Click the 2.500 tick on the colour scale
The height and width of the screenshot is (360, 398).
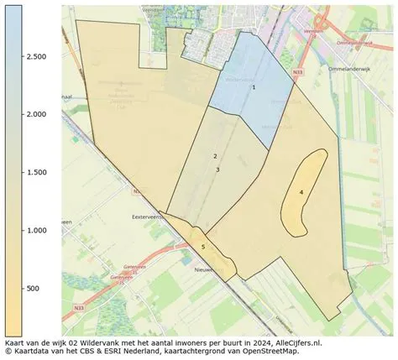click(x=35, y=56)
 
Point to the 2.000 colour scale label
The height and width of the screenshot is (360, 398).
click(x=35, y=114)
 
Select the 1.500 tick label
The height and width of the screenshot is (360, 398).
click(x=35, y=172)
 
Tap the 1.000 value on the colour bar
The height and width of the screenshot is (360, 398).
click(x=35, y=230)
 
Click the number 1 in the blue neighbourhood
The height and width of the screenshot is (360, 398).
click(x=254, y=87)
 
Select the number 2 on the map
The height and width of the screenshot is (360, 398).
click(x=215, y=157)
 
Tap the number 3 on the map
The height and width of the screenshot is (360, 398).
click(x=217, y=170)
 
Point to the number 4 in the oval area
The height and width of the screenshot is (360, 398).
click(x=301, y=192)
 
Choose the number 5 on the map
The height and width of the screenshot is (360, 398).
click(x=202, y=247)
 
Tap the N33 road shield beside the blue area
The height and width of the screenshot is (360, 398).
click(x=299, y=73)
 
